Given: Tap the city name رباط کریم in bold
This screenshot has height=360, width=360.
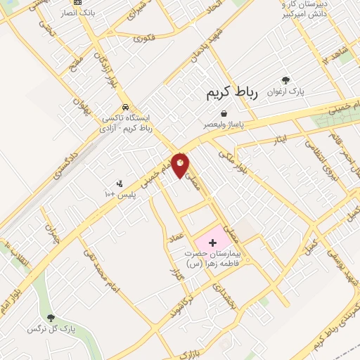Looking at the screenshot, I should [233, 93].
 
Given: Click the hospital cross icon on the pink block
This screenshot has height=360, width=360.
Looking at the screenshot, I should [213, 242].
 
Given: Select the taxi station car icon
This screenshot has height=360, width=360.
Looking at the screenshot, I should [125, 108].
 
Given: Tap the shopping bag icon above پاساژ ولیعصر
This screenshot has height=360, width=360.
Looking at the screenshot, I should [224, 113].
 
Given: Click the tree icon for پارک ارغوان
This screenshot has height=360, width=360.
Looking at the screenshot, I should [285, 81].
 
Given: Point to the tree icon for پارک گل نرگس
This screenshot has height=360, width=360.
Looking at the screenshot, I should [50, 318].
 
